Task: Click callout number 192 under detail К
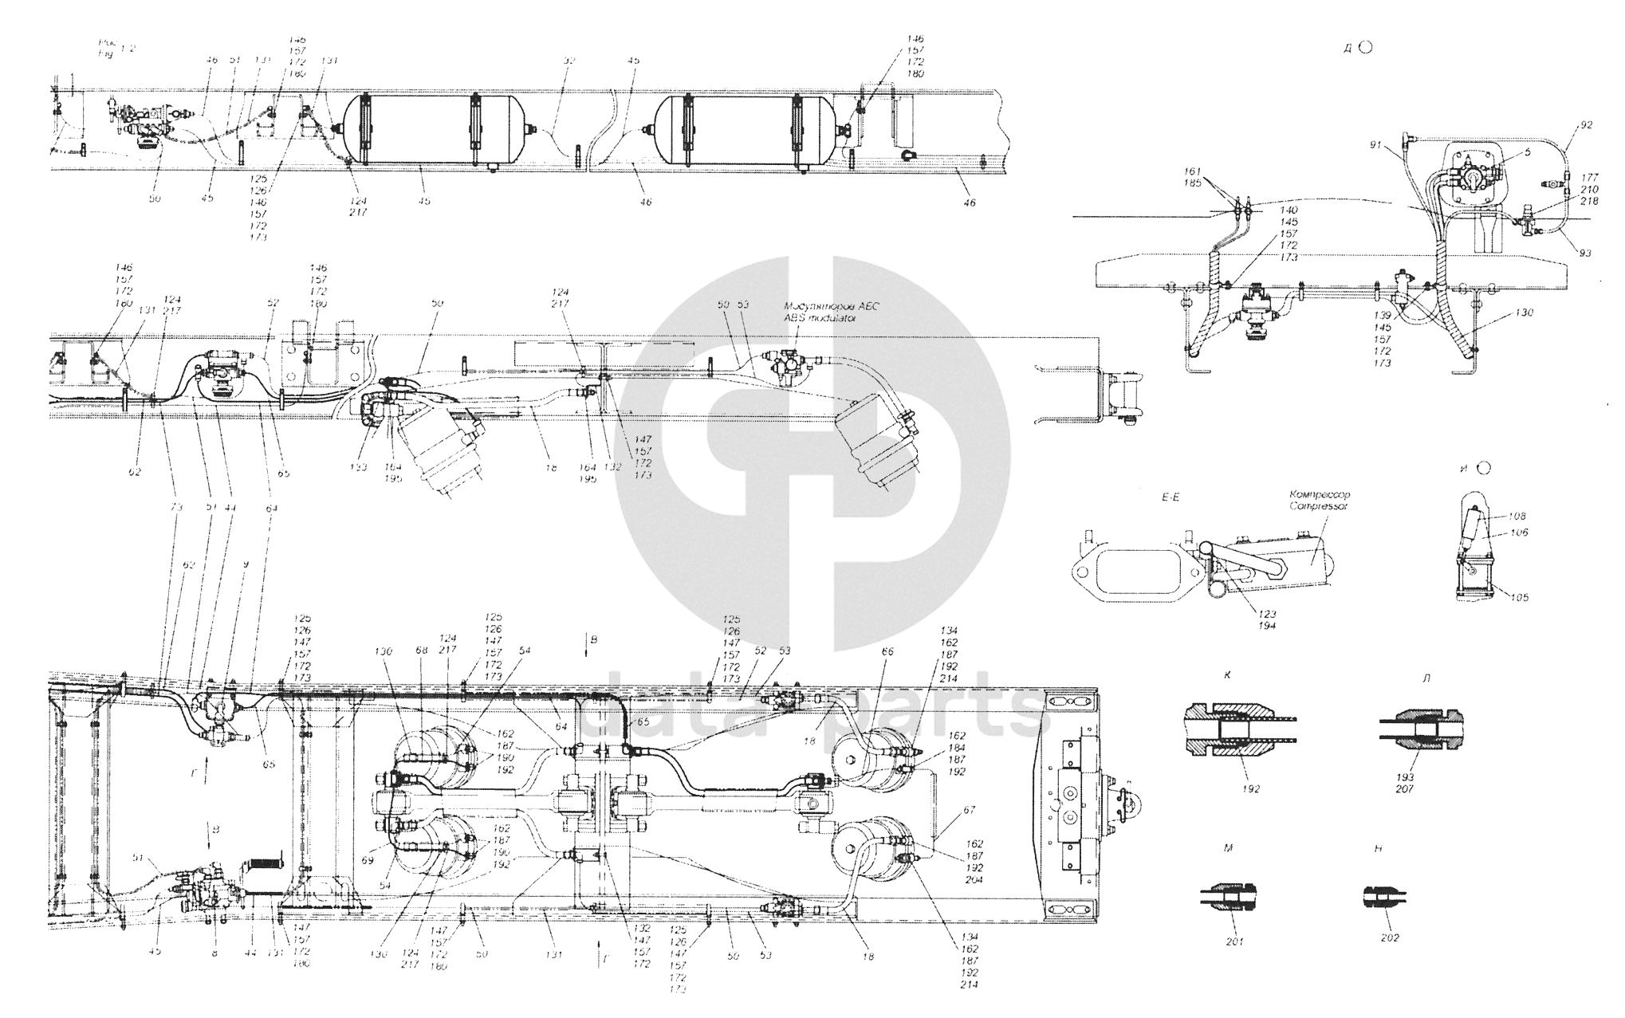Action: (x=1250, y=789)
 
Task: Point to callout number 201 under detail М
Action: (x=1229, y=941)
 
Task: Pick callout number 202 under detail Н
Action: (x=1390, y=938)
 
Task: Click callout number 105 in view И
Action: (x=1497, y=597)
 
